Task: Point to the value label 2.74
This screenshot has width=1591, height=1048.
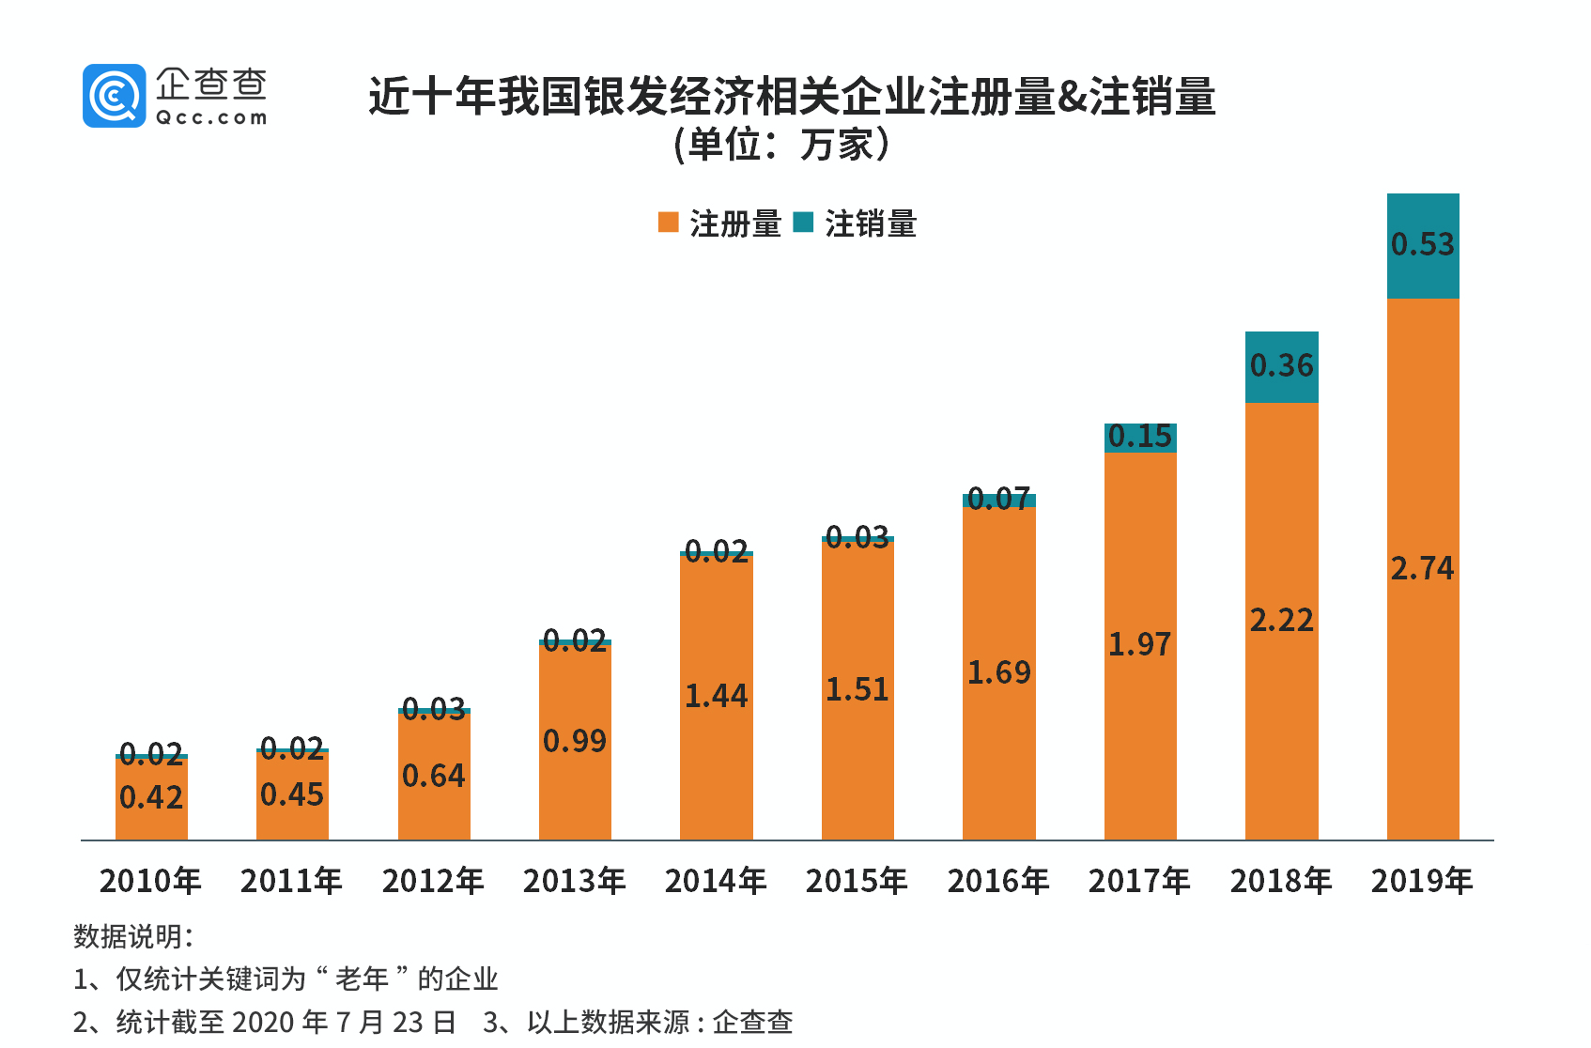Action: (1422, 568)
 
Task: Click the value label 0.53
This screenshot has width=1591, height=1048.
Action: (1422, 244)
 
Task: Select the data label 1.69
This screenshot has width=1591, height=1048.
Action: (998, 672)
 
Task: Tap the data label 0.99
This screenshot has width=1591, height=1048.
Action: (575, 741)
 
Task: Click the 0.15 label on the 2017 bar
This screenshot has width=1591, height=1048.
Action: (1139, 437)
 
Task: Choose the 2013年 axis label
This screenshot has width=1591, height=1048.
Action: (575, 881)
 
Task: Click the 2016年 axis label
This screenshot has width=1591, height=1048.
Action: (998, 881)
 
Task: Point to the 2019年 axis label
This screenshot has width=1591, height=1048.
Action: (1422, 881)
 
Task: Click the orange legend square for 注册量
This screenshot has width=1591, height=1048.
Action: (668, 223)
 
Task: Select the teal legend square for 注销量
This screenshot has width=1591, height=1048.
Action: (803, 223)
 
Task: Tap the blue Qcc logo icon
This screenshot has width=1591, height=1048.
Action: (114, 95)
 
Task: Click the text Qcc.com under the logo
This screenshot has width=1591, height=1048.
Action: (211, 117)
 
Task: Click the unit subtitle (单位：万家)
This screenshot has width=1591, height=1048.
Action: (781, 145)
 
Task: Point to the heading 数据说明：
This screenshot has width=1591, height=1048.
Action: (133, 935)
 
